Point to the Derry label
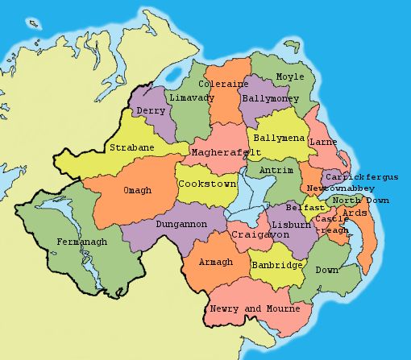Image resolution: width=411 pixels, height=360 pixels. [152, 110]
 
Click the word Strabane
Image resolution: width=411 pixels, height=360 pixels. [132, 148]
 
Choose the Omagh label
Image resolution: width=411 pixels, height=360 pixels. [136, 190]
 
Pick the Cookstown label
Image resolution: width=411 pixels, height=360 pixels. [207, 184]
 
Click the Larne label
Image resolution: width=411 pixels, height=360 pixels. [323, 143]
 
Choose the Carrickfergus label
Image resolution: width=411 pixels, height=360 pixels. [362, 176]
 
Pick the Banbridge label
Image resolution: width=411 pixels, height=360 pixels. [276, 265]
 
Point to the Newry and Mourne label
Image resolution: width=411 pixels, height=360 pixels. [255, 309]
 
